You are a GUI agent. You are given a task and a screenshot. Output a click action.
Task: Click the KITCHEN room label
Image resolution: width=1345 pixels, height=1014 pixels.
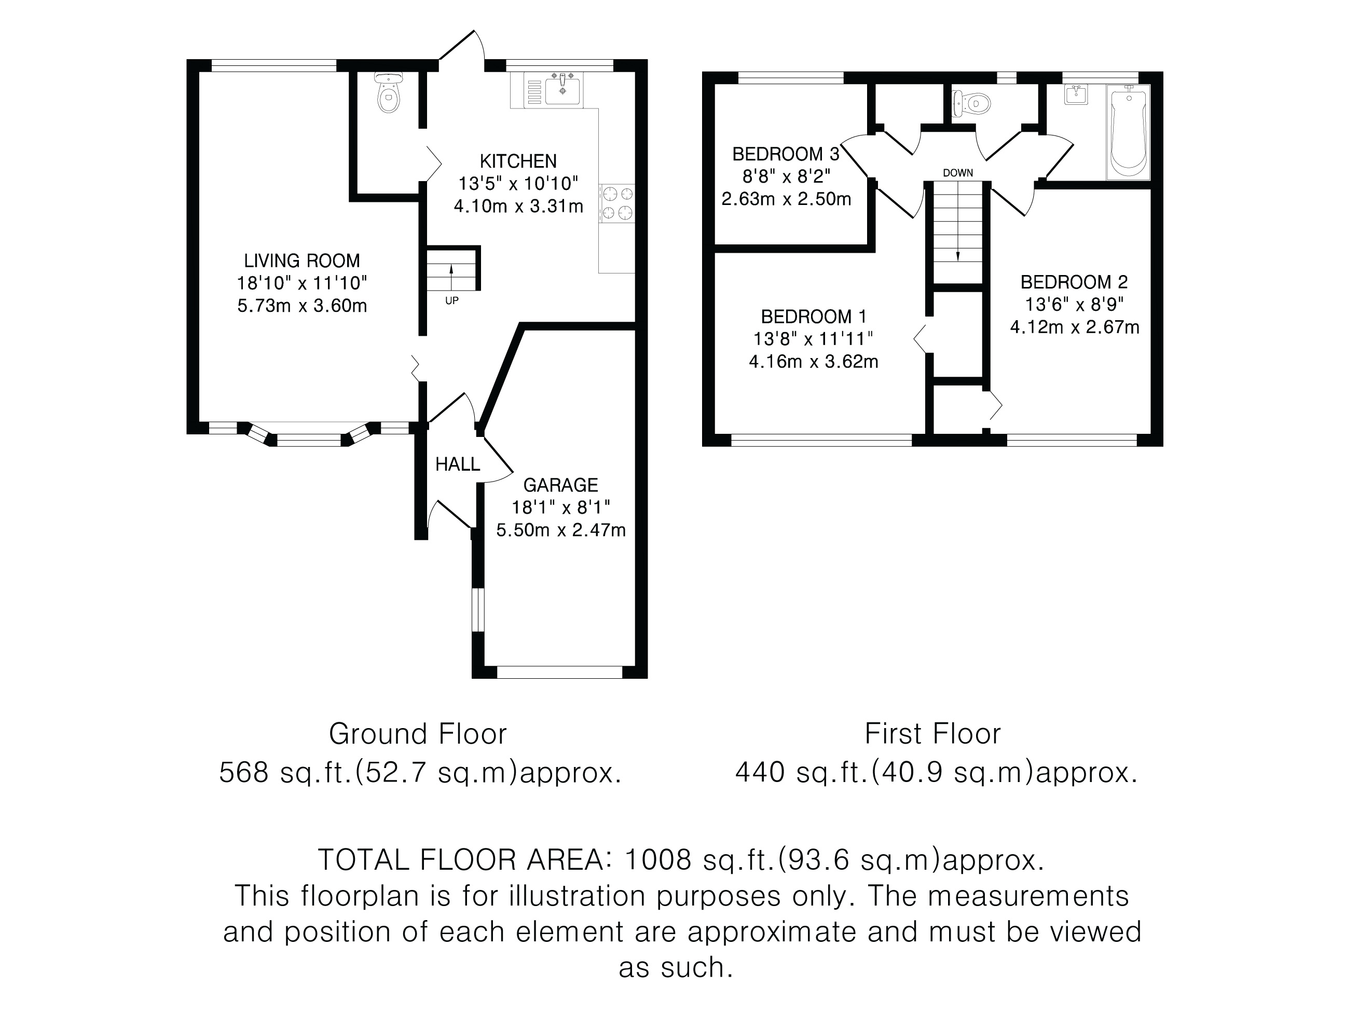pyautogui.click(x=518, y=161)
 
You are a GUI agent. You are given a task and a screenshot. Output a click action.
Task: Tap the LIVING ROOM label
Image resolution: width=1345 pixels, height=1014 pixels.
pyautogui.click(x=302, y=261)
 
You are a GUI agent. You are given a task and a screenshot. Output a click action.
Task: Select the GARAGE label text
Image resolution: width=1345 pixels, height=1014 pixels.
pyautogui.click(x=560, y=485)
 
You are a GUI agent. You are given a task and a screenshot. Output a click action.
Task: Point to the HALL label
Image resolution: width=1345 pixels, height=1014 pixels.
pyautogui.click(x=457, y=464)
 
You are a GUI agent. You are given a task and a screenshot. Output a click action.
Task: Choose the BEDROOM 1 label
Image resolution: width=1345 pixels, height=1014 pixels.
pyautogui.click(x=814, y=317)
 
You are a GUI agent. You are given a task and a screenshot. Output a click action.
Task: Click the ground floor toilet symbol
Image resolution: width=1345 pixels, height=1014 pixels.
pyautogui.click(x=388, y=92)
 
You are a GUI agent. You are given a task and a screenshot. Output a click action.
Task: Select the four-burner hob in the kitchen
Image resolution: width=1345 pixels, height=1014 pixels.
pyautogui.click(x=617, y=203)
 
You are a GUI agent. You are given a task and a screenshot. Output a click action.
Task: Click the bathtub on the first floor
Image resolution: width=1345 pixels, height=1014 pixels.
pyautogui.click(x=1129, y=132)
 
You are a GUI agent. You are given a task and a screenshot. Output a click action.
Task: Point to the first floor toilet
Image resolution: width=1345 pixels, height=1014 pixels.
pyautogui.click(x=969, y=104)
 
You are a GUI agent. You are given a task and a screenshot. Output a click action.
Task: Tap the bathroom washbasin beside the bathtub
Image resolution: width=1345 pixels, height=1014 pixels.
pyautogui.click(x=1076, y=95)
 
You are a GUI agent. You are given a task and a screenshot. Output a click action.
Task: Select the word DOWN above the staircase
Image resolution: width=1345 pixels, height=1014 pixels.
pyautogui.click(x=958, y=173)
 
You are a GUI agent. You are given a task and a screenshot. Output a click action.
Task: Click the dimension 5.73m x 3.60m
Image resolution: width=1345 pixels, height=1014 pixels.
pyautogui.click(x=302, y=306)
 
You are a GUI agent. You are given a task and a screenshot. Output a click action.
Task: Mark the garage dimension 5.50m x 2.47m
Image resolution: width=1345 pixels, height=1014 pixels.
pyautogui.click(x=560, y=531)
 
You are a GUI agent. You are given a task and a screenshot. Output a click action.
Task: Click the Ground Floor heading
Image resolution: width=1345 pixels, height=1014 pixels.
pyautogui.click(x=418, y=734)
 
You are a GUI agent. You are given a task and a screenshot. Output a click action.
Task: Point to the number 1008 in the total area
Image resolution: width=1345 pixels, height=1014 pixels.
pyautogui.click(x=658, y=859)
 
